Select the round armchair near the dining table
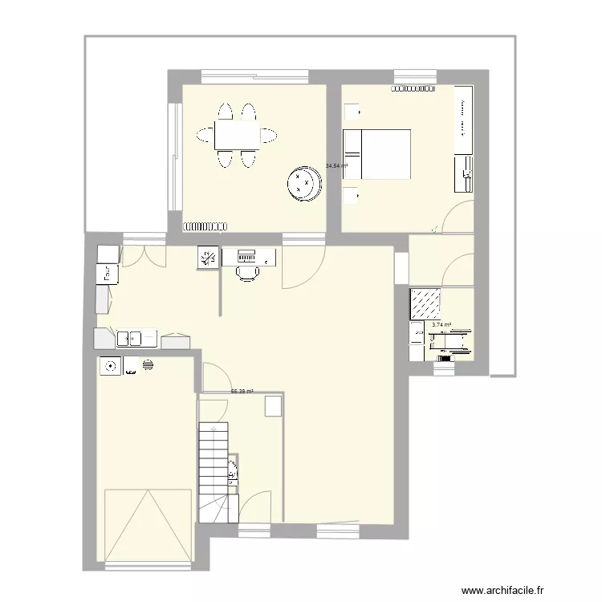pos(305,183)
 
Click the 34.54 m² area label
pos(336,167)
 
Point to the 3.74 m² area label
pos(441,325)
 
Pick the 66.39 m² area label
pos(242,392)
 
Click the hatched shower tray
pos(425,303)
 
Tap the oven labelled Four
pos(107,273)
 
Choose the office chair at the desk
pos(248,273)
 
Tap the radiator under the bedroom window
pos(413,87)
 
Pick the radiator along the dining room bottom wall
pos(208,226)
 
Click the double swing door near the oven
pos(144,254)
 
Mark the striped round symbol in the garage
pos(148,364)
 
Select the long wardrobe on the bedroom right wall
pos(463,119)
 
